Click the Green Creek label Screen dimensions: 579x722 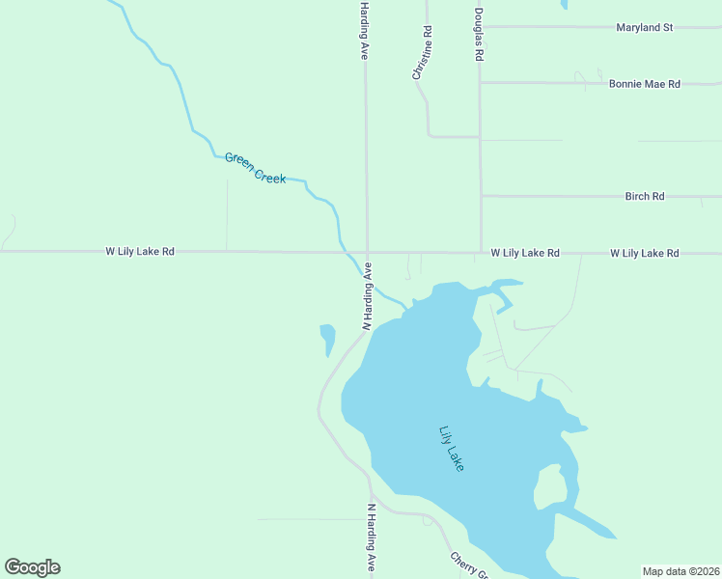tap(255, 168)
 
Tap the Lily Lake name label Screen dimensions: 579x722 tap(451, 449)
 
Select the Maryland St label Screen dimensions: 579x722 tap(644, 28)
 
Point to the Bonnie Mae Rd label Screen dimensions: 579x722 tap(644, 84)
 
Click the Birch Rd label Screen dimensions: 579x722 tap(644, 197)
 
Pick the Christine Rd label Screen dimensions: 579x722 tap(422, 53)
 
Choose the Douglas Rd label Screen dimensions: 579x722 tap(478, 36)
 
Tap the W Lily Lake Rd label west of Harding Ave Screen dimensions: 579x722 tap(140, 252)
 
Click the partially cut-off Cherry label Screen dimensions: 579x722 tap(467, 565)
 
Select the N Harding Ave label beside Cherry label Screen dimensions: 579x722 tap(371, 538)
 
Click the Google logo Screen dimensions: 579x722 tap(32, 567)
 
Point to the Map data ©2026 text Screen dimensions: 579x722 tap(680, 571)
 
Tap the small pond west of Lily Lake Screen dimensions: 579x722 tap(327, 338)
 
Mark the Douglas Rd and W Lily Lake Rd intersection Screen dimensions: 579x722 tap(481, 253)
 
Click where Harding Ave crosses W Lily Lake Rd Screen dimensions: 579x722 tap(367, 253)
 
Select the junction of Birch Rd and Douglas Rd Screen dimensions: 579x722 tap(481, 197)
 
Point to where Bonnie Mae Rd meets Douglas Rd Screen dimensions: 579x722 tap(480, 83)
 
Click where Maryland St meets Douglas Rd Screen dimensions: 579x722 tap(480, 27)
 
